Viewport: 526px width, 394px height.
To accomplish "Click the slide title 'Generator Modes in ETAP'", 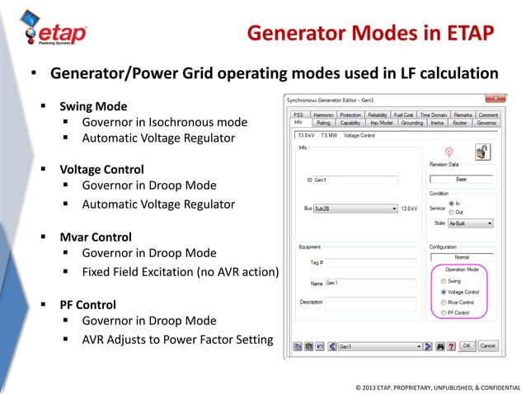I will tap(370, 34).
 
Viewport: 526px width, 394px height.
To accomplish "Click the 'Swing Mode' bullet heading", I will tap(92, 106).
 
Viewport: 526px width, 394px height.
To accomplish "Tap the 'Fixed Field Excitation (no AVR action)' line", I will tap(181, 271).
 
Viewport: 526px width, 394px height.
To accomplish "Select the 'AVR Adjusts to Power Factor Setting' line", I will tap(177, 339).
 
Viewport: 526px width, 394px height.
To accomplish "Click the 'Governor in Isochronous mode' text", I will tap(164, 122).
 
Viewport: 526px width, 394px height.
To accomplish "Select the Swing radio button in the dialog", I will tap(443, 281).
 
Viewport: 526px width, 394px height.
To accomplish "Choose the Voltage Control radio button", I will tap(443, 292).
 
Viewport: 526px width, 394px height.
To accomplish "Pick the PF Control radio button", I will tap(443, 313).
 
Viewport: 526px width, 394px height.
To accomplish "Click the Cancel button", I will tap(487, 347).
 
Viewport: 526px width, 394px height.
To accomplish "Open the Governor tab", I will tap(486, 122).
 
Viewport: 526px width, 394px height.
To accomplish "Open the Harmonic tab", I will tap(322, 115).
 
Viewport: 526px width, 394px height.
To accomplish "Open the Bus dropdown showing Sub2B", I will tap(355, 209).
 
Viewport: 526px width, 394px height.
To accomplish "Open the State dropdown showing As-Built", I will tap(471, 223).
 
